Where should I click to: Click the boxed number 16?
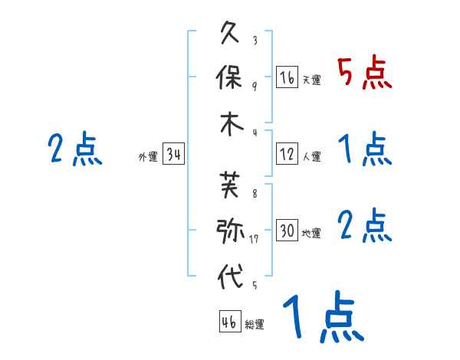287,77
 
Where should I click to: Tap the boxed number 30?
287,231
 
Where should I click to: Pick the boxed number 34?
173,155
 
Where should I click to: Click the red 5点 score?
364,74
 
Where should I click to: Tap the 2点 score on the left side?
75,149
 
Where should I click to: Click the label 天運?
311,80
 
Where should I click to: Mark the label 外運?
147,157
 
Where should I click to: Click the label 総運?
255,325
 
